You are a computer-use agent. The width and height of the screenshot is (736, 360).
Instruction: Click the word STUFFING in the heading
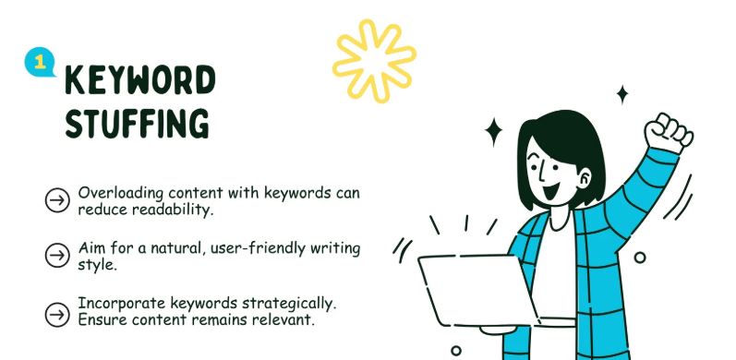[x=137, y=124]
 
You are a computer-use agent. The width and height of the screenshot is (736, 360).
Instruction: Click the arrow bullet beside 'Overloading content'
[x=57, y=200]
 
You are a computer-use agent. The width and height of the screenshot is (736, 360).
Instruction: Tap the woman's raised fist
[x=666, y=133]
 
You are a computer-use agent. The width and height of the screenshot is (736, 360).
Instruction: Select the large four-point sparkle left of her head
[x=494, y=131]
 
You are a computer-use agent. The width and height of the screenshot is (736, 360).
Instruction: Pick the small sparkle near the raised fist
[x=621, y=93]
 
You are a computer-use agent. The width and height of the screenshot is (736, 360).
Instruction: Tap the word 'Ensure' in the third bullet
[x=103, y=318]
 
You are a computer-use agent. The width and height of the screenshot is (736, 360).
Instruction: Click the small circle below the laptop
[x=455, y=351]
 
